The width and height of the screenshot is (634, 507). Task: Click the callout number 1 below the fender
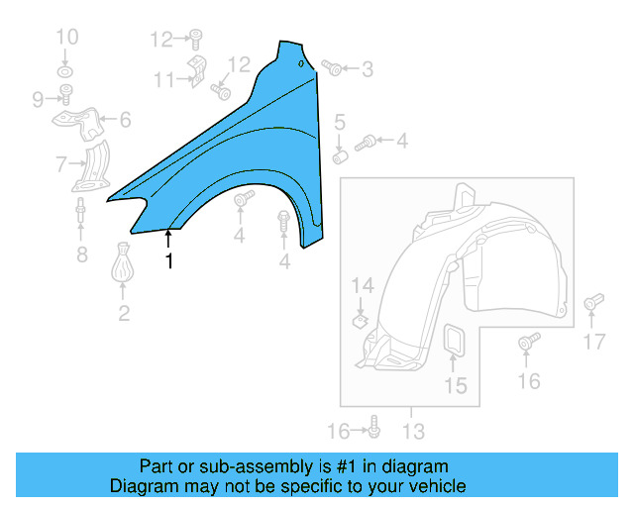point(169,261)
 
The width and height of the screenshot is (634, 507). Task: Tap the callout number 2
point(124,315)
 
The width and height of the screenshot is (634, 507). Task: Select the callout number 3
point(368,69)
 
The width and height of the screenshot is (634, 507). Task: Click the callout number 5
point(339,123)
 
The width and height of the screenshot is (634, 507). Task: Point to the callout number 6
point(125,121)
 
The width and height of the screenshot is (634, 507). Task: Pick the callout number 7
point(61,163)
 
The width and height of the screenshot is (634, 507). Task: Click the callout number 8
point(82,256)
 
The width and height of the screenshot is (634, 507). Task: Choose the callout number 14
point(364,286)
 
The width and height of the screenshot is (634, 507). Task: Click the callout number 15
point(455,386)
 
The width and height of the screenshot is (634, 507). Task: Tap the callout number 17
point(593,343)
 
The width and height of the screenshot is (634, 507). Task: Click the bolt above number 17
point(593,301)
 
